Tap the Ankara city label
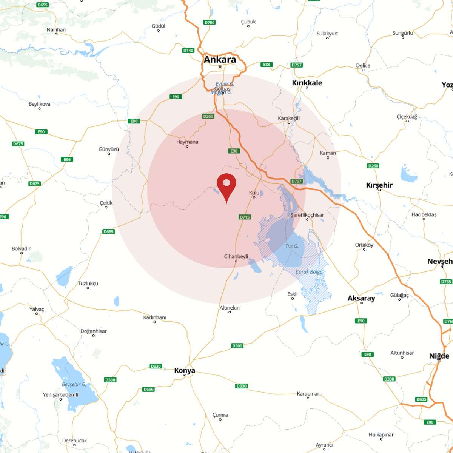click(x=220, y=60)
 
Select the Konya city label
click(x=185, y=370)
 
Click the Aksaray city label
click(x=361, y=298)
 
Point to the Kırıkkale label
click(x=307, y=83)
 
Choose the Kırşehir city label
click(x=379, y=185)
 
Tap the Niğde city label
click(x=439, y=356)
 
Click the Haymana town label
click(x=187, y=142)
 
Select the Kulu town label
click(x=254, y=193)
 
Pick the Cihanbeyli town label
click(x=236, y=256)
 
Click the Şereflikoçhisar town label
click(x=307, y=215)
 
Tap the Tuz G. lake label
click(x=292, y=246)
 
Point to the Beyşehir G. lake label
click(x=74, y=384)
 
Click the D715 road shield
click(x=245, y=217)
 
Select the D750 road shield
click(x=209, y=22)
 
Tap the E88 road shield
click(x=267, y=65)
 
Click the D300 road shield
click(x=237, y=346)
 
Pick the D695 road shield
click(x=108, y=232)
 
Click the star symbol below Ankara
click(x=220, y=67)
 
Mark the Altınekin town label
click(x=230, y=308)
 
